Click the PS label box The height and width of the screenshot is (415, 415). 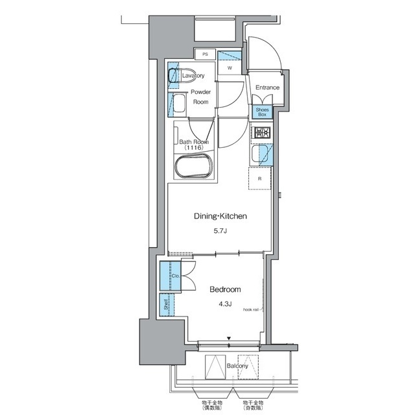[204, 54]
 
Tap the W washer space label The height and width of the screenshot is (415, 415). [229, 67]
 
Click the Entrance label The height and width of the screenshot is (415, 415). [267, 88]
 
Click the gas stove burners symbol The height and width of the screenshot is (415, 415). [261, 133]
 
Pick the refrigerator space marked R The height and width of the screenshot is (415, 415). [259, 178]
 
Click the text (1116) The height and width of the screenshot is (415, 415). [193, 148]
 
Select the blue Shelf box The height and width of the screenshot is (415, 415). [166, 304]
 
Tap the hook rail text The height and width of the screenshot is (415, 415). [253, 310]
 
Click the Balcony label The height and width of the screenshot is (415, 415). [237, 366]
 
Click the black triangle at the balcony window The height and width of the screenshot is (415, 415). [229, 338]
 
